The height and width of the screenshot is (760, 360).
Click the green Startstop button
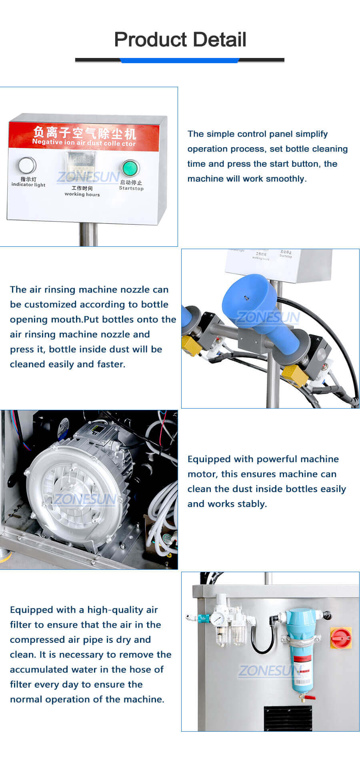130,168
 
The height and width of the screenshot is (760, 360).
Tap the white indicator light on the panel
27,166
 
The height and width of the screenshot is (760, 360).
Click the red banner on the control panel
84,135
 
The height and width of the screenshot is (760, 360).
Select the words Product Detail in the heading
180,40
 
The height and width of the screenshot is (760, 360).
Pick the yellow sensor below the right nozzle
294,375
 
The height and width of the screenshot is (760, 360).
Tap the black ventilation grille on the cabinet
288,718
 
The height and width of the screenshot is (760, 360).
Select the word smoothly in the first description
286,179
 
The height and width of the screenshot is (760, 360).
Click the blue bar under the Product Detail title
180,60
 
